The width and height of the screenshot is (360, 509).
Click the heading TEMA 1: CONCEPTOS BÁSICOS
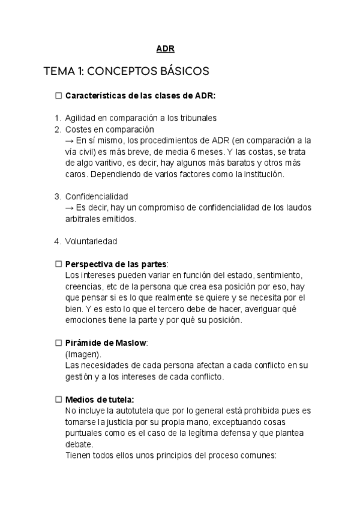coord(126,71)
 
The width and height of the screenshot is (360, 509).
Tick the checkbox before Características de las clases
coord(58,95)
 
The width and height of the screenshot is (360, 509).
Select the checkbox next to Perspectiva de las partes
coord(58,264)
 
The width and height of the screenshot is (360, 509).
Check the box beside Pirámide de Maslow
coord(58,343)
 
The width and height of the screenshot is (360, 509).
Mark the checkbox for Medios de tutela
coord(58,399)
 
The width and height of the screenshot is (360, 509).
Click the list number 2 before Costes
coord(58,129)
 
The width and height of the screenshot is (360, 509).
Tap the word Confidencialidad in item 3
coord(96,196)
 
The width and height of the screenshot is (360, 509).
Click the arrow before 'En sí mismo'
coord(69,140)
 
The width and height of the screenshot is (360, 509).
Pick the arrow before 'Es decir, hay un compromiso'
coord(69,208)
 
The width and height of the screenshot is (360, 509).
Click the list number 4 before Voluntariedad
coord(58,241)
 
